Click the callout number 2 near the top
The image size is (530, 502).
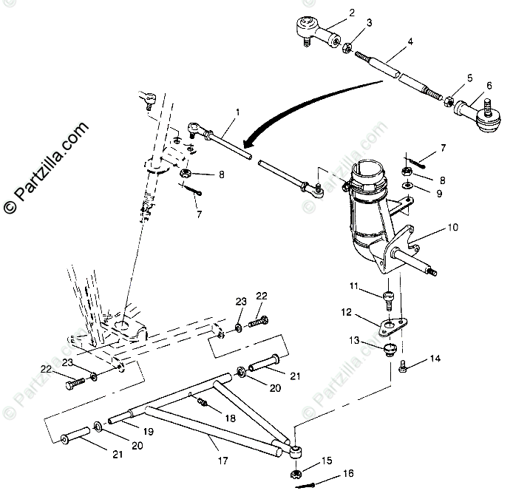(x=352, y=12)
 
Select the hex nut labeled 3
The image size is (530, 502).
(x=347, y=47)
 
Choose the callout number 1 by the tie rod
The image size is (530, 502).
(x=237, y=112)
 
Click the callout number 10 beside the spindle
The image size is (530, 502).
(x=452, y=228)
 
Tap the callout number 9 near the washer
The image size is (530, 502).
(x=439, y=194)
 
